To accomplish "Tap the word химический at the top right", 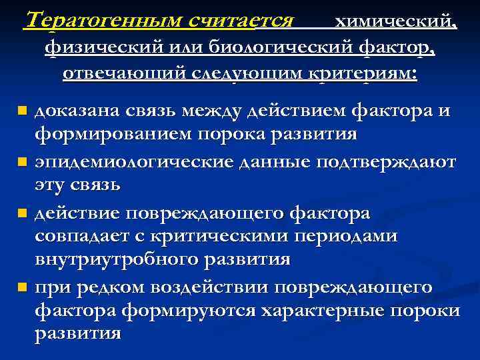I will click(x=395, y=22).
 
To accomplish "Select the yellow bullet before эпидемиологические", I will click(x=23, y=161).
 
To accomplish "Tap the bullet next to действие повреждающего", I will click(x=23, y=214).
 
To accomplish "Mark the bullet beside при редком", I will click(x=23, y=287).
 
